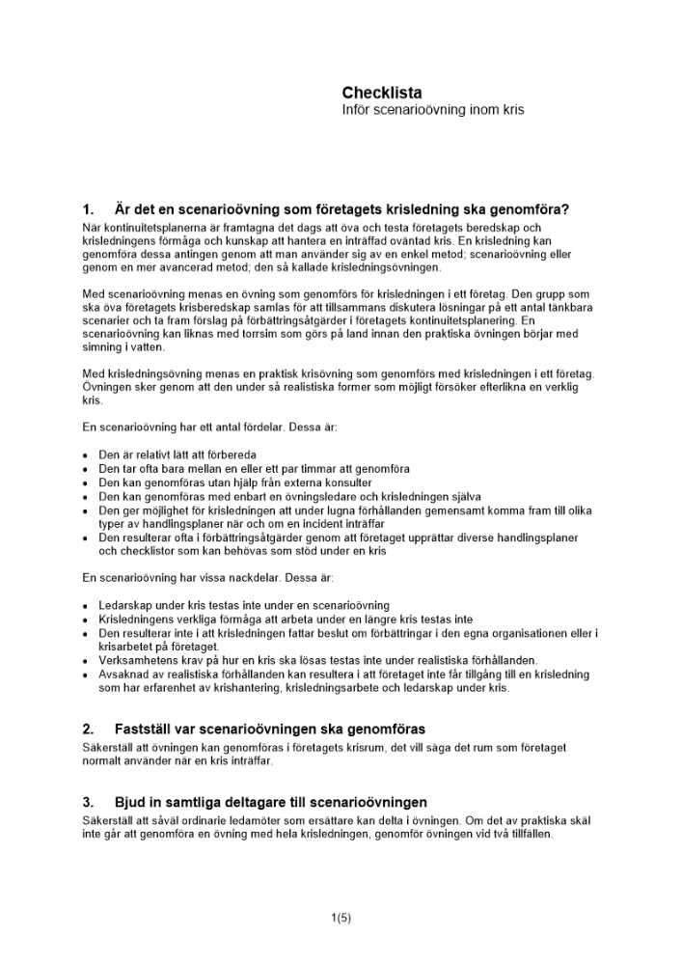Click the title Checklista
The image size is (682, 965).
(x=382, y=93)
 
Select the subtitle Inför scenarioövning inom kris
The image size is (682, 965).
(x=432, y=110)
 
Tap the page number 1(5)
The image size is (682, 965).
(x=341, y=918)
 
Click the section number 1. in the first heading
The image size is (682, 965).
(x=89, y=209)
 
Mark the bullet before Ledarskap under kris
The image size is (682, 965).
(x=87, y=605)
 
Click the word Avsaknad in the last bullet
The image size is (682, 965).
(x=123, y=674)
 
